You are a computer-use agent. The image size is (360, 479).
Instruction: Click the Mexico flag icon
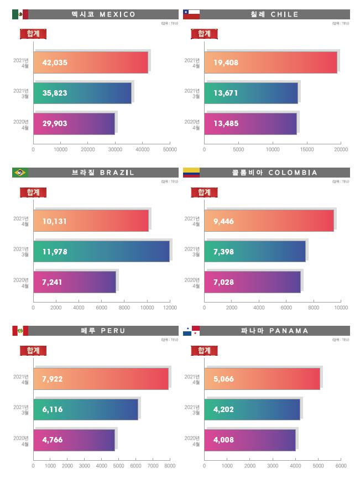(x=20, y=14)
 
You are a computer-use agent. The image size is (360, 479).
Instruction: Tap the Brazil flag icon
(x=20, y=173)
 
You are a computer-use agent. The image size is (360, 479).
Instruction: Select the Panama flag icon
(x=191, y=331)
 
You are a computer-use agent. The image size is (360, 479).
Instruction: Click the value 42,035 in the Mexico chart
(x=55, y=63)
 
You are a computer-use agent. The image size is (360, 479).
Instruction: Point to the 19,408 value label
(x=226, y=63)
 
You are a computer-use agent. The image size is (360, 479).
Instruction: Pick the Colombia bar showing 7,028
(x=252, y=282)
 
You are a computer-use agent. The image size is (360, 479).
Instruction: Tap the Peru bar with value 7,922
(x=101, y=379)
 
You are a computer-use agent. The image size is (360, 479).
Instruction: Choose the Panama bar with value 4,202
(x=252, y=409)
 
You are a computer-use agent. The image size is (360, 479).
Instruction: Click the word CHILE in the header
(x=285, y=14)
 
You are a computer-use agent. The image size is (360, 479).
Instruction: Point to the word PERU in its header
(x=114, y=331)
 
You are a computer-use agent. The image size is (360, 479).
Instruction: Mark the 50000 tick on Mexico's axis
(x=170, y=149)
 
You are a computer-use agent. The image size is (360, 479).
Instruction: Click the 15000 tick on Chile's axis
(x=306, y=149)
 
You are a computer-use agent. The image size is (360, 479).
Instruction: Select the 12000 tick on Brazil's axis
(x=170, y=308)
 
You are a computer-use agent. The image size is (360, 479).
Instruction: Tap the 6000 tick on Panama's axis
(x=341, y=466)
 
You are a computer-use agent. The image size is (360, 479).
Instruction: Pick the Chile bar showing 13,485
(x=251, y=123)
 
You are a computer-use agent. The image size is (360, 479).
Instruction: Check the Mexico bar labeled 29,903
(x=74, y=123)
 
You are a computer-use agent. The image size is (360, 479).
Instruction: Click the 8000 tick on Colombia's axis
(x=314, y=308)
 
